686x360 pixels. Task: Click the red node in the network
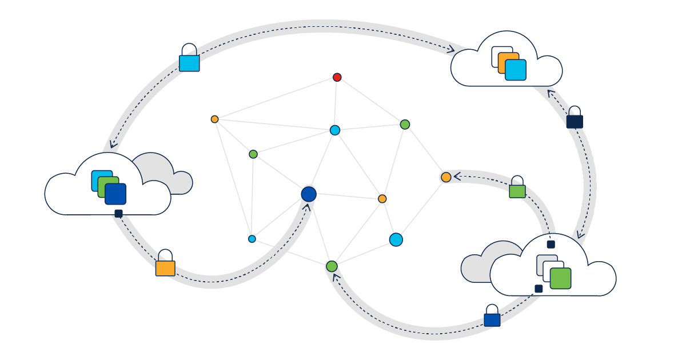point(337,77)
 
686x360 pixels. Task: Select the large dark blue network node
point(309,194)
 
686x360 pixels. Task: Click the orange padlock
point(165,267)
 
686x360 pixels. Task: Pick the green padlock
point(517,191)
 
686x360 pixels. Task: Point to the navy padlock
point(575,121)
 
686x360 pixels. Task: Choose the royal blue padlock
point(492,319)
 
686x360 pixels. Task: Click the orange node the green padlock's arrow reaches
point(446,177)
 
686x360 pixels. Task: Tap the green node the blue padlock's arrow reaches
point(332,266)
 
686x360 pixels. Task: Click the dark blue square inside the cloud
point(116,194)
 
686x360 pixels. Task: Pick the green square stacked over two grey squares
point(561,278)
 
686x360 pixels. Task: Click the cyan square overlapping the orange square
point(516,70)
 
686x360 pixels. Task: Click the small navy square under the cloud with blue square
point(118,214)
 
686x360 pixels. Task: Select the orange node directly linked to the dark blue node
point(382,199)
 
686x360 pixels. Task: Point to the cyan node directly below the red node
point(335,130)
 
